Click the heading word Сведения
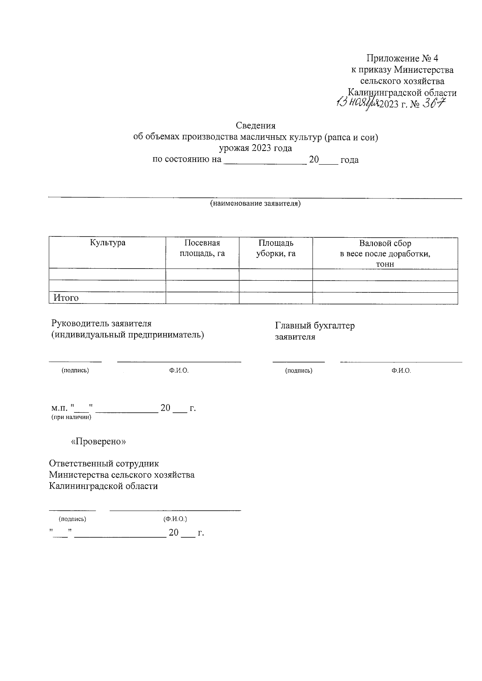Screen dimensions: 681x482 tap(255, 126)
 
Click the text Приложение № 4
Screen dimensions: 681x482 tap(402, 59)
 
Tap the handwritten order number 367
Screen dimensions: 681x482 tap(434, 104)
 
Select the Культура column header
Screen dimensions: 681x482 tap(108, 243)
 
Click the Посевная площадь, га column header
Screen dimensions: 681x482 tap(202, 248)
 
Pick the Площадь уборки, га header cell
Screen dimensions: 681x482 tap(276, 248)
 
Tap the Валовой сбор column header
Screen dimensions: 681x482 tap(385, 253)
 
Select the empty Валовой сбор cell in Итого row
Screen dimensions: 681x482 tap(385, 298)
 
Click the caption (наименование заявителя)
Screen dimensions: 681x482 tap(255, 204)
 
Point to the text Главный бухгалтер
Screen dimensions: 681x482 tap(315, 326)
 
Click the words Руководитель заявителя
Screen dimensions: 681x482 tap(102, 324)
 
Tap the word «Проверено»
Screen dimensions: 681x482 tap(98, 441)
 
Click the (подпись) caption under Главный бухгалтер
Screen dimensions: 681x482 tap(298, 371)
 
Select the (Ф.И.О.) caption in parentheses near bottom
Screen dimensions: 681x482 tap(175, 519)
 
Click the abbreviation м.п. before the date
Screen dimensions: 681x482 tap(59, 408)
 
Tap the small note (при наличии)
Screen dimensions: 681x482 tap(71, 418)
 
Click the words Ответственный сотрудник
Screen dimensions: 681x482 tap(104, 463)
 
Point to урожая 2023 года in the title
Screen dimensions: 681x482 tap(255, 148)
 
